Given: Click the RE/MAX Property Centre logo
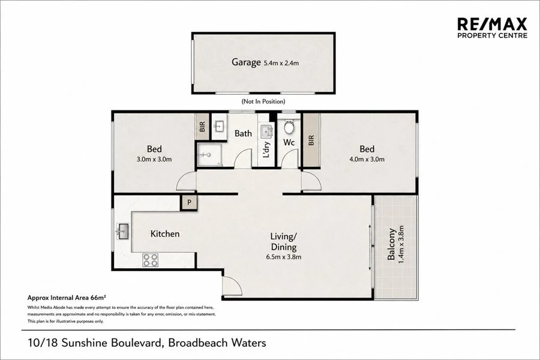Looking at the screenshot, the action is point(492,28).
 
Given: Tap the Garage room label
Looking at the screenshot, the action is point(246,62).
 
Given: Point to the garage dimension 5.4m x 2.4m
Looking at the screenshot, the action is point(281,63).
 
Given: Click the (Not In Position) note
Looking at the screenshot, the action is point(263,101).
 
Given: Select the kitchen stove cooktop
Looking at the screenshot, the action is point(150,260).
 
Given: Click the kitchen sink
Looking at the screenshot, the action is point(122,232).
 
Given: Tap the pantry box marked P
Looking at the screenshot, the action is point(189,203).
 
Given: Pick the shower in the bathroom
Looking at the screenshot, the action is point(208,155).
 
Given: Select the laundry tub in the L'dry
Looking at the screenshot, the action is point(266,131).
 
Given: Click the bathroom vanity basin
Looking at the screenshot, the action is point(218,127).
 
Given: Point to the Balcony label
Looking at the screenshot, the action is point(391,244).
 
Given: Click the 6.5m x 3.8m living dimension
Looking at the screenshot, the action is point(283,257).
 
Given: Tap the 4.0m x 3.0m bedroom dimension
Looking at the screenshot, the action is point(367,159).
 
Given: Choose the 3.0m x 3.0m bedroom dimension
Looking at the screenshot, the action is point(154,159).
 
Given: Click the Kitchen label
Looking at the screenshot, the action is point(165,234).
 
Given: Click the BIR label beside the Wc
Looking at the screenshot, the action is point(311,140).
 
